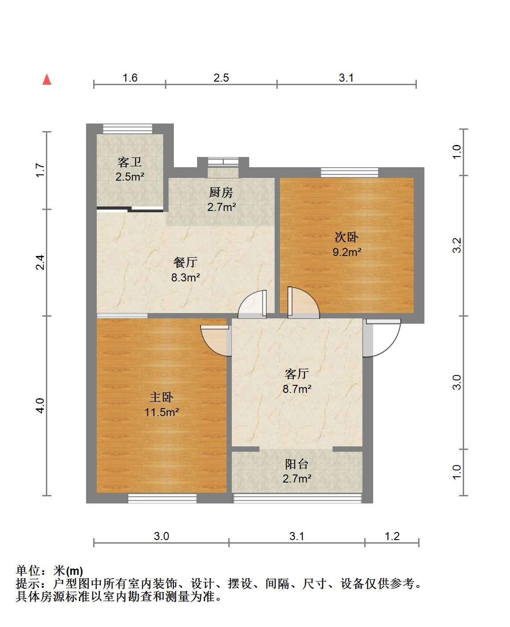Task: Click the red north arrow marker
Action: pos(47,79)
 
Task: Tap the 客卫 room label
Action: pos(130,162)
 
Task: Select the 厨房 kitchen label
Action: pos(221,193)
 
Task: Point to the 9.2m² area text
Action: pos(347,252)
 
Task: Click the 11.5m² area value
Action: pos(162,412)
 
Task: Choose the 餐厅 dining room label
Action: pos(186,263)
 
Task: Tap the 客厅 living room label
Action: pos(297,374)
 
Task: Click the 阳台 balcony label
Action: pos(297,465)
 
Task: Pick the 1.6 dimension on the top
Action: pos(130,78)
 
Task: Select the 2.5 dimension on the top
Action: pos(221,78)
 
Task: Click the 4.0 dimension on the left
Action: pos(40,406)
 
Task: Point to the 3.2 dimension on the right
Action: pos(457,245)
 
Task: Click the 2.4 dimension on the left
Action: pos(40,262)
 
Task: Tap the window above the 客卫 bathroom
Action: pos(127,128)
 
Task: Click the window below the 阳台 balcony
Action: pos(297,499)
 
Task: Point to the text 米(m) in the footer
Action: pos(68,571)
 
